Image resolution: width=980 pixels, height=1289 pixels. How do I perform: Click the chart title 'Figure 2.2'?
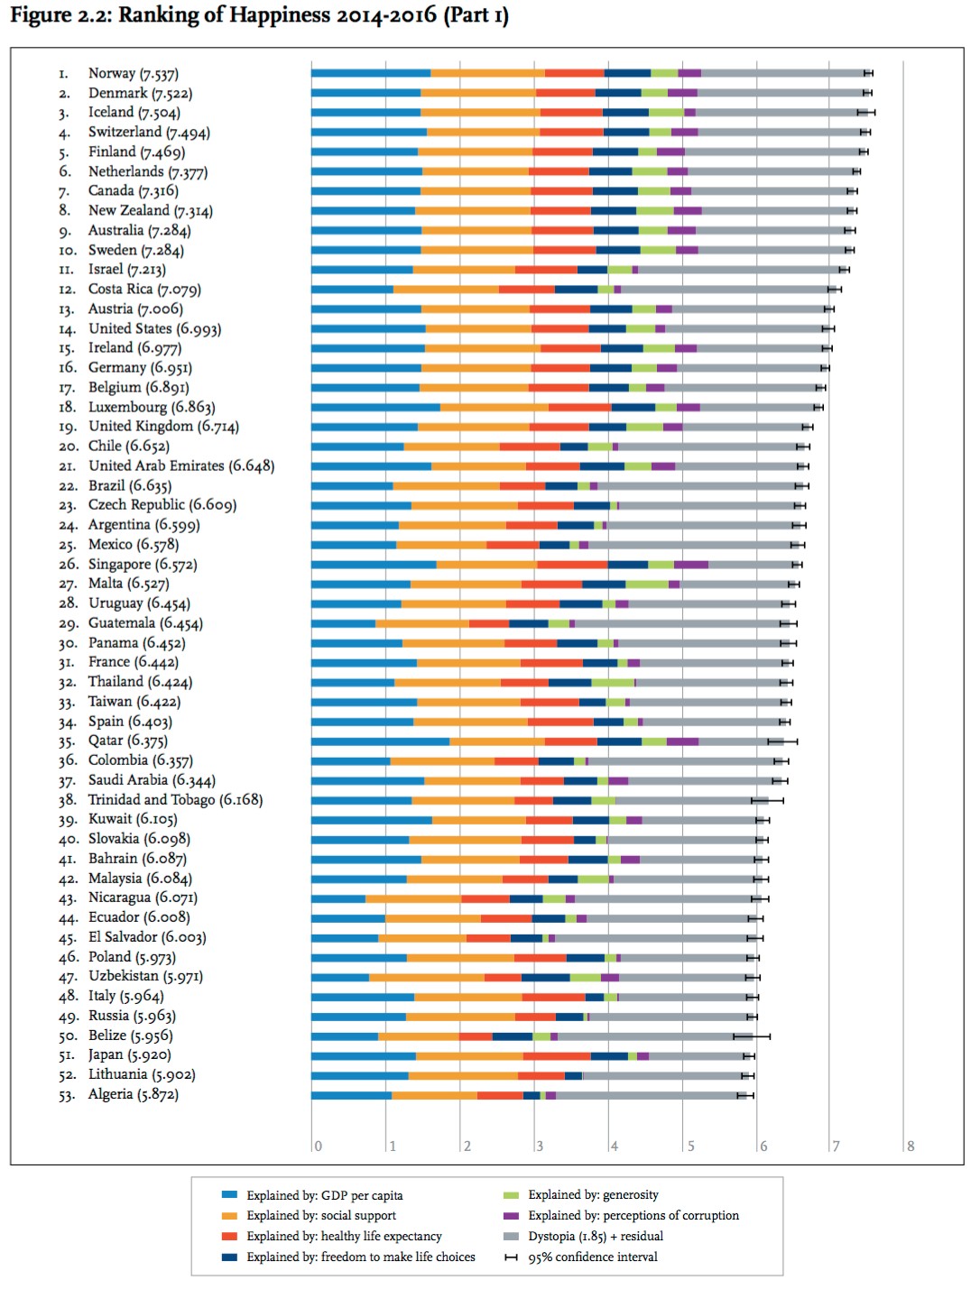coord(259,16)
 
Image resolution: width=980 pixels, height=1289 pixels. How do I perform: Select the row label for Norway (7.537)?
coord(133,73)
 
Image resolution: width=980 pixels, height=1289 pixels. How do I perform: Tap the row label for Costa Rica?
coord(144,289)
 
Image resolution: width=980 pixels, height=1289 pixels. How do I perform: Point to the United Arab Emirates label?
coord(180,465)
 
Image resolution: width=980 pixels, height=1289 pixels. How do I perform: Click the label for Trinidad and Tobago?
coord(175,799)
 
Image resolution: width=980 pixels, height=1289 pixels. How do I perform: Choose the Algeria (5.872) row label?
coord(133,1094)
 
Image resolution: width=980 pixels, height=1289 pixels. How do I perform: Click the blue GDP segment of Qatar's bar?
coord(380,741)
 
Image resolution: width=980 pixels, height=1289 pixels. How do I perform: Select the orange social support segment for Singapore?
coord(486,565)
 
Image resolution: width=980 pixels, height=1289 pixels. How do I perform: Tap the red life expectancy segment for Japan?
coord(557,1055)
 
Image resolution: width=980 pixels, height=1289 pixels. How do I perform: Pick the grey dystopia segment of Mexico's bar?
coord(690,545)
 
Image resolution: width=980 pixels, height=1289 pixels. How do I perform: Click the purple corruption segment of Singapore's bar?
coord(690,565)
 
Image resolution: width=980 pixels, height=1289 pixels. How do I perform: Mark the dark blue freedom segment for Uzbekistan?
coord(545,977)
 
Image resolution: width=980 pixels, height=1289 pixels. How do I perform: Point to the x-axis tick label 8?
coord(911,1146)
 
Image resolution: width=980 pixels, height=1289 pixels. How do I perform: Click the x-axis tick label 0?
coord(318,1146)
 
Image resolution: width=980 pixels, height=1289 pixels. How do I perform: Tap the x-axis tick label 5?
coord(690,1146)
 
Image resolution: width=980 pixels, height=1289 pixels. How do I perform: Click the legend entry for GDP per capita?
coord(324,1195)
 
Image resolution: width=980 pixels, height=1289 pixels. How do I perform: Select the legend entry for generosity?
coord(593,1195)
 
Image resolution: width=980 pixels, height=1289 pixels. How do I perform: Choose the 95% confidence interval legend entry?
coord(592,1257)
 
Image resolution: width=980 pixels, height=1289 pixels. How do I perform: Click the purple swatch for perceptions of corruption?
coord(511,1215)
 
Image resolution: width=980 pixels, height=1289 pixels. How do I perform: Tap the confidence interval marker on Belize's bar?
coord(752,1036)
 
